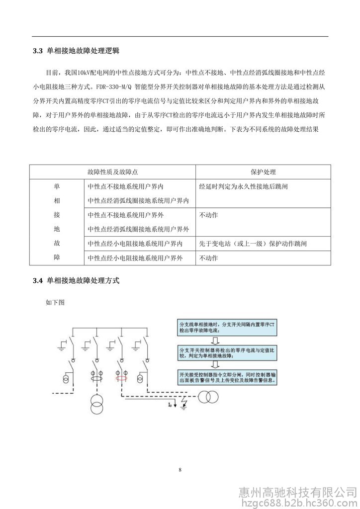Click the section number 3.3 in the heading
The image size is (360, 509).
[x=38, y=51]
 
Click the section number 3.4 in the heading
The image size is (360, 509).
[x=38, y=280]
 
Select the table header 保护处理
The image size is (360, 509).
[x=264, y=171]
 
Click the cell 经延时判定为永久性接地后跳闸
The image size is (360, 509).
[x=243, y=187]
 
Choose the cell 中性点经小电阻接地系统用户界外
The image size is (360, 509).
[x=135, y=258]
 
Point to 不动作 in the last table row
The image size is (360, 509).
[x=208, y=258]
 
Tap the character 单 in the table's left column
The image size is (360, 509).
[x=56, y=187]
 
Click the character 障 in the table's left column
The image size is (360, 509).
[x=56, y=258]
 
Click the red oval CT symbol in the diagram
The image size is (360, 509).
[x=120, y=378]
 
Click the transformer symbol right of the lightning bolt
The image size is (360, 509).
[x=208, y=397]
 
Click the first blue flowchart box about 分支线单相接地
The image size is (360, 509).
[x=227, y=327]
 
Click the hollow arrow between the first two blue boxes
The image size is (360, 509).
[x=215, y=340]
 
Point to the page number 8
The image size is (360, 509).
[x=180, y=469]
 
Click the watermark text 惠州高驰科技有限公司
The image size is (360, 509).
[x=298, y=492]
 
